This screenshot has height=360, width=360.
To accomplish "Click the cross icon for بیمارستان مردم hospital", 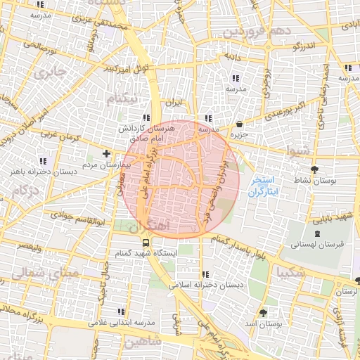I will point(106,153).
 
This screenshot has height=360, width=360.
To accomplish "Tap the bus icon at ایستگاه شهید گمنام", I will point(146,241).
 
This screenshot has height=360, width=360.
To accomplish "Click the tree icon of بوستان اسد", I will point(264,312).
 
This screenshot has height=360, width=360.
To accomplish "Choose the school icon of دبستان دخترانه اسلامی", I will point(205,274).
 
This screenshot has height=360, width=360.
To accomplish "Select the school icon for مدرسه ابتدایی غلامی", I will point(121,311).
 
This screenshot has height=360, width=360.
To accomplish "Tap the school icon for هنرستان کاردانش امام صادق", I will point(146,117).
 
